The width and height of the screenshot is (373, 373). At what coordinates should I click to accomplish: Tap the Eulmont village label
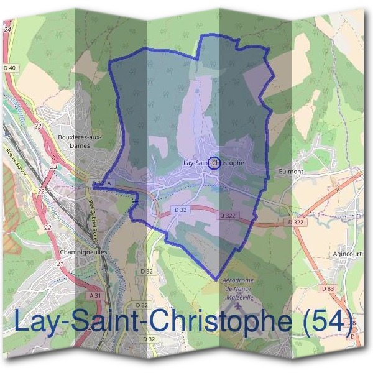pyautogui.click(x=291, y=172)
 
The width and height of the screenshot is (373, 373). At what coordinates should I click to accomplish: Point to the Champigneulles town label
pyautogui.click(x=86, y=252)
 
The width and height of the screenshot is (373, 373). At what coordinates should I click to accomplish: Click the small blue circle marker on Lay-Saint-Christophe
pyautogui.click(x=214, y=163)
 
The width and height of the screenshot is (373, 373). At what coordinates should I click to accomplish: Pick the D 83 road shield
pyautogui.click(x=328, y=289)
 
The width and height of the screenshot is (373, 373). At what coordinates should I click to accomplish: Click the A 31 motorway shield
pyautogui.click(x=94, y=296)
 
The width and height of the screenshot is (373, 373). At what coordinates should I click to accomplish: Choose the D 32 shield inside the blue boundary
pyautogui.click(x=180, y=210)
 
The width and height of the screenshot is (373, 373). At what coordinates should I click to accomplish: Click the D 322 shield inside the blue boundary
pyautogui.click(x=228, y=215)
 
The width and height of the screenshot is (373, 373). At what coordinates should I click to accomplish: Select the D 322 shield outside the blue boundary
pyautogui.click(x=297, y=222)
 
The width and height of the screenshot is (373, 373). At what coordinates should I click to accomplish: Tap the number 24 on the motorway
pyautogui.click(x=7, y=29)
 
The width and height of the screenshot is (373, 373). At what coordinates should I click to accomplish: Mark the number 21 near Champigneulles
pyautogui.click(x=61, y=264)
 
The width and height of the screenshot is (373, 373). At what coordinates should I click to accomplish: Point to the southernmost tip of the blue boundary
pyautogui.click(x=215, y=279)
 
